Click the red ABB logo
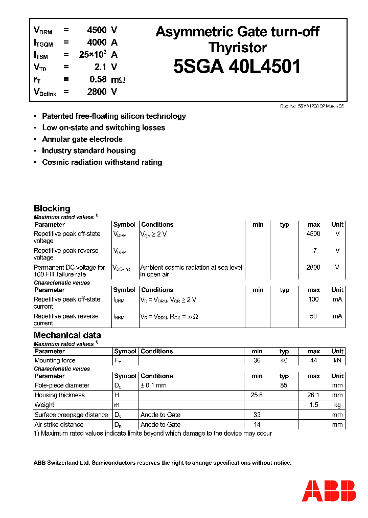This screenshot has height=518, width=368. (x=329, y=491)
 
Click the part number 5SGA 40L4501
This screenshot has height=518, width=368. (x=237, y=67)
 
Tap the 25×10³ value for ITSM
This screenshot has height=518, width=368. (x=93, y=55)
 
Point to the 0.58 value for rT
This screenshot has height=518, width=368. (x=98, y=79)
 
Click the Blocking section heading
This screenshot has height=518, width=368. (x=52, y=208)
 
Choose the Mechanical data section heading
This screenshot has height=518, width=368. (x=67, y=335)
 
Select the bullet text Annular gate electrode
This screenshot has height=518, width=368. (x=82, y=139)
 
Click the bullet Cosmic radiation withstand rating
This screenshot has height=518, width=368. (x=102, y=162)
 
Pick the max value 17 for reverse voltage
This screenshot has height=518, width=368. (x=313, y=251)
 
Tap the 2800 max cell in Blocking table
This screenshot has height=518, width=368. (x=313, y=267)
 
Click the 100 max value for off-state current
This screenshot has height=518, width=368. (x=313, y=299)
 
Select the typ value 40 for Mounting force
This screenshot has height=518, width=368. (x=284, y=360)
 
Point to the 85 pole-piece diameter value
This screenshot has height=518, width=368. (x=284, y=385)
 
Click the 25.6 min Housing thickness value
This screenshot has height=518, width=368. (x=257, y=395)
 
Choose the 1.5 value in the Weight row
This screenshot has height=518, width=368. (x=313, y=405)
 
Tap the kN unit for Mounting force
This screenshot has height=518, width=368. (x=337, y=360)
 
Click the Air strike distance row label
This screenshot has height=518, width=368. (x=59, y=424)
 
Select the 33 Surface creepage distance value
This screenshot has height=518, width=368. (x=257, y=415)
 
